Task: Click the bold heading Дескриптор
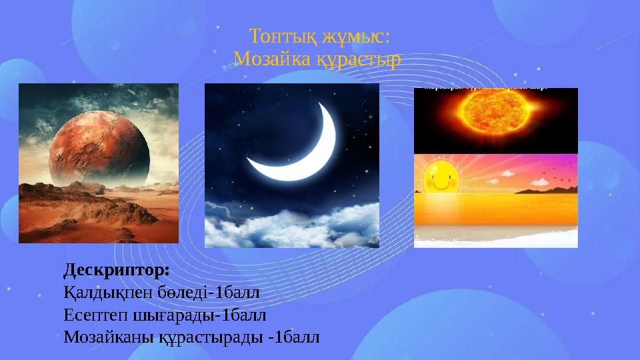click(x=117, y=271)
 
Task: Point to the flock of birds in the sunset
click(x=553, y=173)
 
